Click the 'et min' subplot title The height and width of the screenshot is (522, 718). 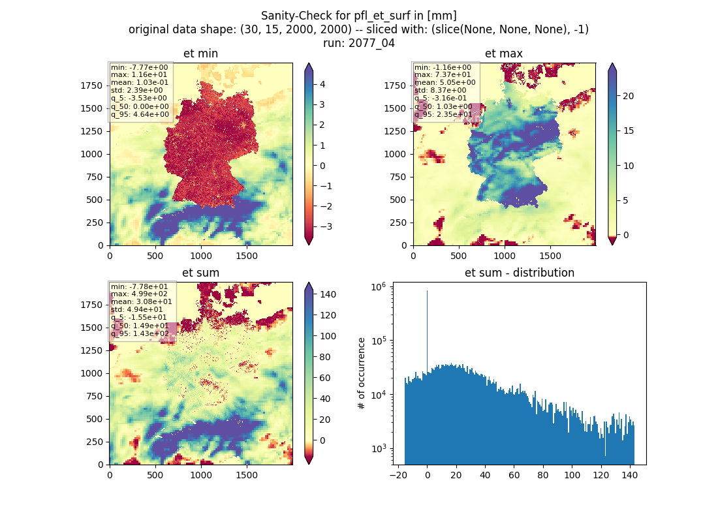point(200,54)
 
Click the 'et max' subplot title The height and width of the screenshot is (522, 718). point(504,54)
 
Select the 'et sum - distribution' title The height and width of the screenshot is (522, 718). point(520,273)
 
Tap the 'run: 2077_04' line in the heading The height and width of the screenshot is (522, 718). point(358,43)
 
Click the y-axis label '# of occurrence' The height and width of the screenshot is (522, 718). point(362,373)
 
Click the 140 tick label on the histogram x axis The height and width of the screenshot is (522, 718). point(630,475)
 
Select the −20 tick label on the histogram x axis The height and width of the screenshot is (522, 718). point(398,475)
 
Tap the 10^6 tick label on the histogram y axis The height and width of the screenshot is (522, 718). point(378,287)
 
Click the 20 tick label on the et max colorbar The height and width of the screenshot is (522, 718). point(628,96)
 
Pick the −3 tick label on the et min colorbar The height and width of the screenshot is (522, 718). point(326,226)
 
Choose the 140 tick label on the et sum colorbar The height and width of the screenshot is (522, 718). point(328,294)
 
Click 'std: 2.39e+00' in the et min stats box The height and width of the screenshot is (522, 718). point(137,90)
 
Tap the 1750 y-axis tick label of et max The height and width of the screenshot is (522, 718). point(395,85)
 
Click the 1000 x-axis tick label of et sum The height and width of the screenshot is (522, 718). point(201,475)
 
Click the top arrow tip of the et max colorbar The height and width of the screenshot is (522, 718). point(612,63)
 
